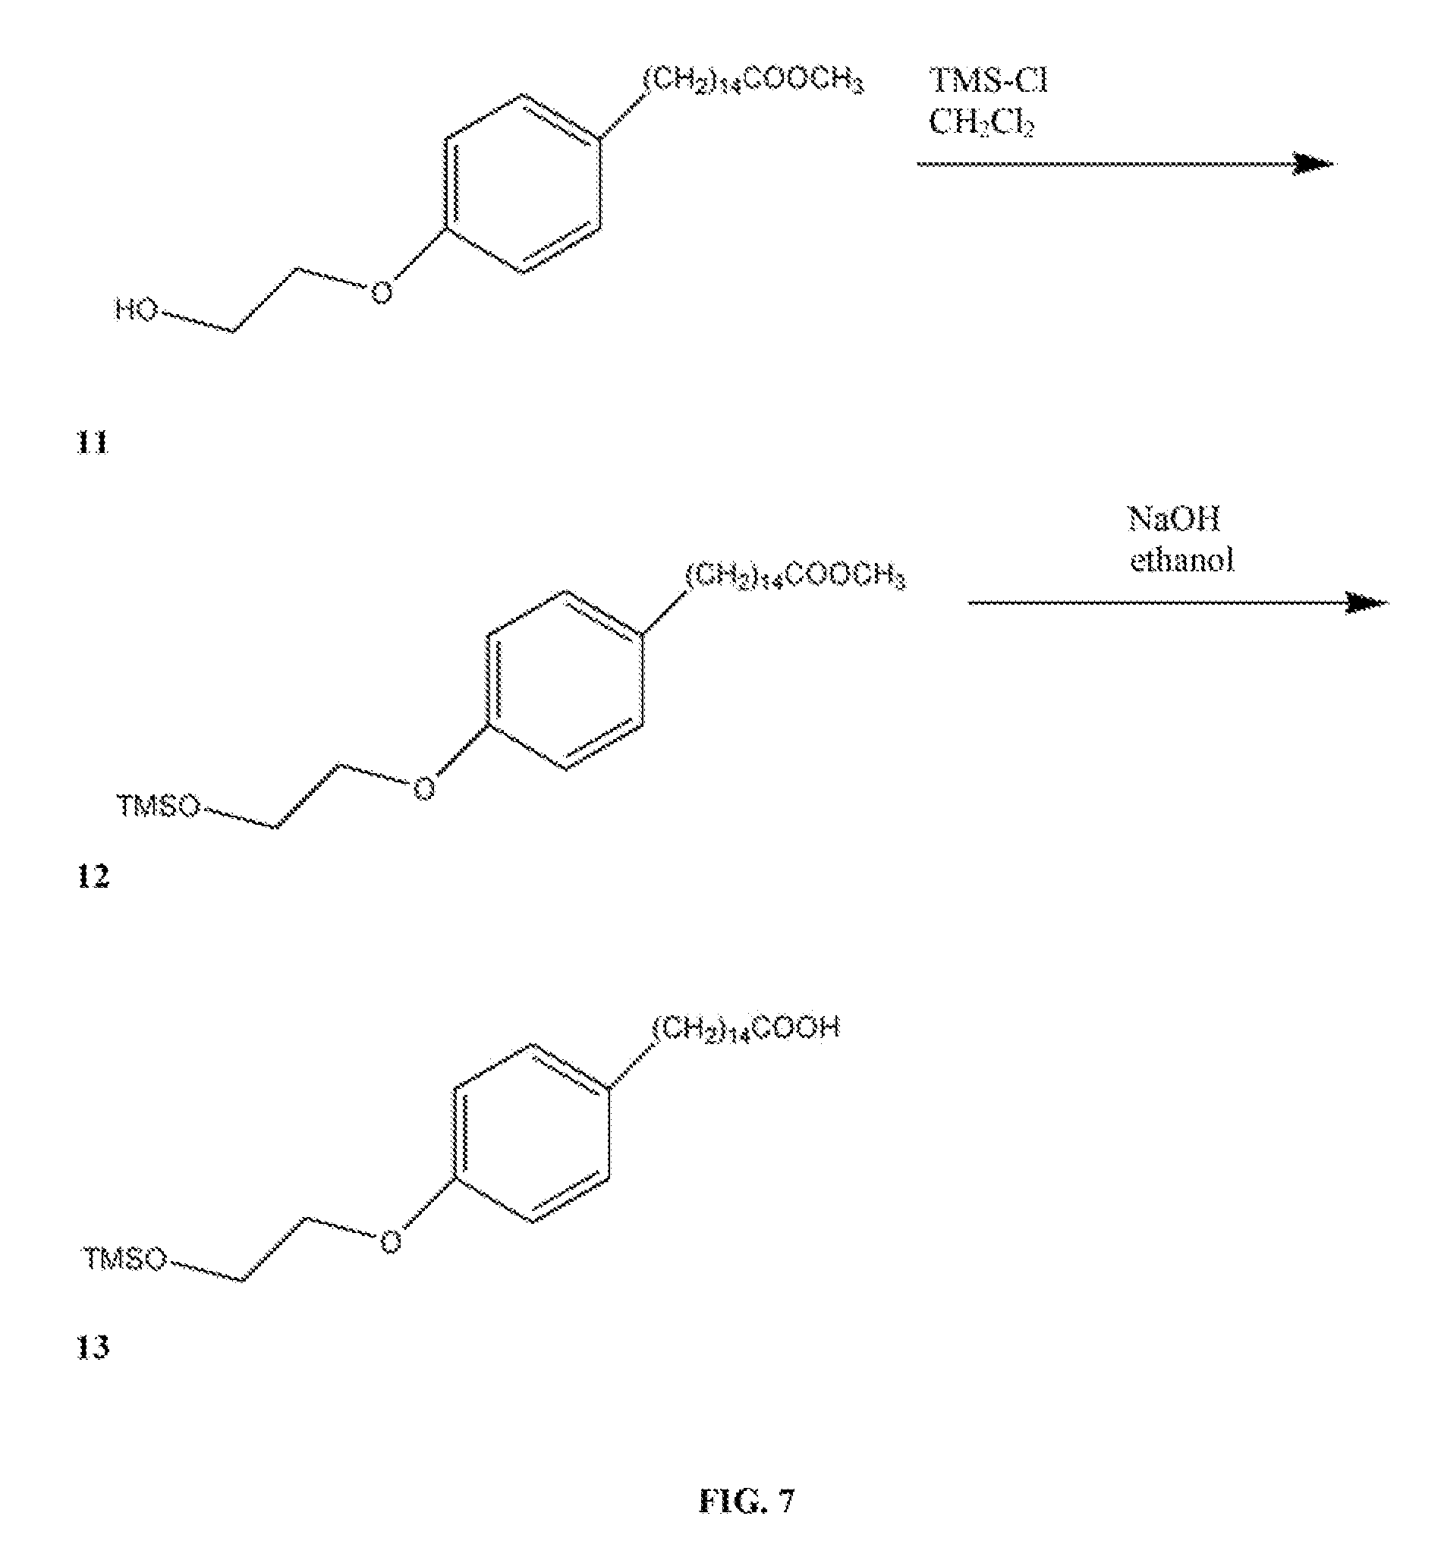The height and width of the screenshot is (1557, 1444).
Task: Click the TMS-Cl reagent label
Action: click(x=988, y=81)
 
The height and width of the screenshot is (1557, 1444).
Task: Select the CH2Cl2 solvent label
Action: click(x=981, y=122)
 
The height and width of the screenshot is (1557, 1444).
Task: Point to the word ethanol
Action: click(x=1181, y=560)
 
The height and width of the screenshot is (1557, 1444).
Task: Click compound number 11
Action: click(x=93, y=444)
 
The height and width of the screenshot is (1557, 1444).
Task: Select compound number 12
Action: click(x=93, y=876)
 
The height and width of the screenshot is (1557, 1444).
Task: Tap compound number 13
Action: click(x=93, y=1348)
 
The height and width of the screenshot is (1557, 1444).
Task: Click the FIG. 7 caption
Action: click(x=746, y=1502)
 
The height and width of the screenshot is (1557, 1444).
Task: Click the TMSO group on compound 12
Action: click(x=159, y=806)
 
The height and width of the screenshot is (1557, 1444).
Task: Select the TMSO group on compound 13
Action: click(x=125, y=1260)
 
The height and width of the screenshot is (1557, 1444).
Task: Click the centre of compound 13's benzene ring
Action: click(x=530, y=1134)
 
